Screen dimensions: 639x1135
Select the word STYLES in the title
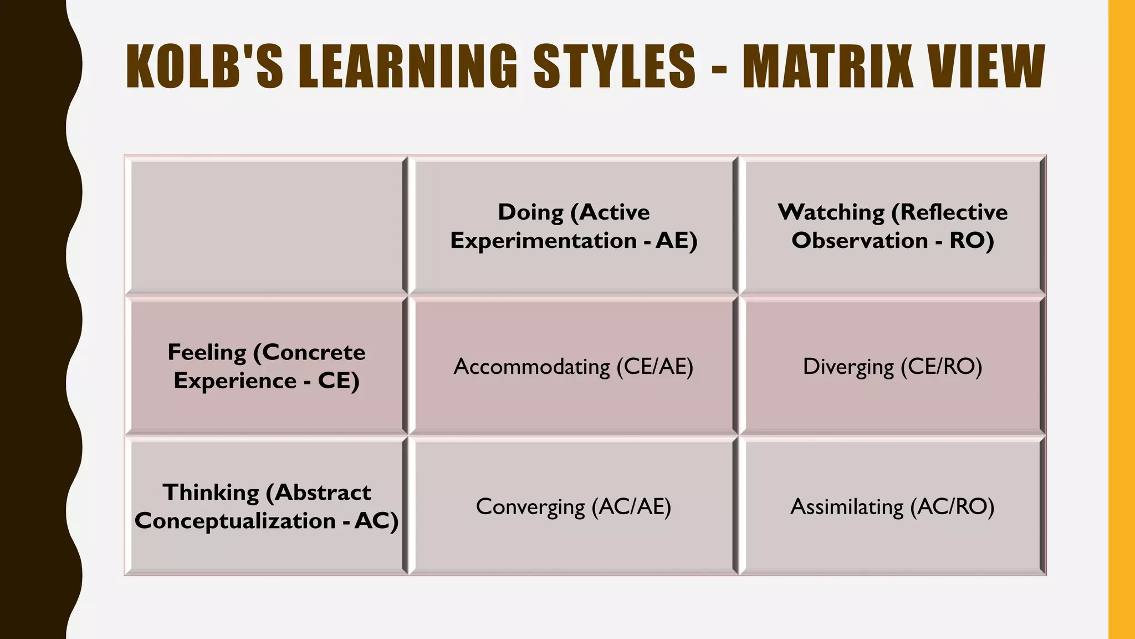pos(614,67)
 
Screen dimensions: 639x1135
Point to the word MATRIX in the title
pos(828,67)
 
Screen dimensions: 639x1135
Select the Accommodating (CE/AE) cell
pos(574,367)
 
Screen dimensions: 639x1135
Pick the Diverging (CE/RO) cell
pos(892,367)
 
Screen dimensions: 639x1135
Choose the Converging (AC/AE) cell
pos(574,506)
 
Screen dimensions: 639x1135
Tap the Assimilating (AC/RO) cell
pos(892,506)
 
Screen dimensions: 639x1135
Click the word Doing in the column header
pos(530,212)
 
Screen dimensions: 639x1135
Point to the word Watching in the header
pos(831,212)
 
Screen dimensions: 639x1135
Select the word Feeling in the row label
pos(207,353)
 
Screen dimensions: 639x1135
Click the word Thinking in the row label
pos(211,493)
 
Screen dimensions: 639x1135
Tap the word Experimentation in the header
pos(543,241)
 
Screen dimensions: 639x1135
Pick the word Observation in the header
pos(860,241)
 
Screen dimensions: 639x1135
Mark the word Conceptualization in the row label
pos(236,521)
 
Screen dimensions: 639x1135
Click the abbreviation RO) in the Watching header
pos(972,241)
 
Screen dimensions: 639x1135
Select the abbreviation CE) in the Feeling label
pos(339,381)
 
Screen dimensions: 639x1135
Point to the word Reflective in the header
pos(953,212)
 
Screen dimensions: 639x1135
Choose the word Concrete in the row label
pos(313,353)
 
